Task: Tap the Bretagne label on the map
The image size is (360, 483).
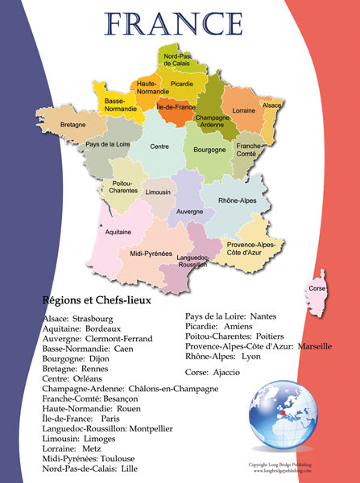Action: coord(72,125)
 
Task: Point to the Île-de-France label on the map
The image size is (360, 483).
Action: coord(175,106)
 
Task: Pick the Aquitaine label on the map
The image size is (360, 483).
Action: coord(118,231)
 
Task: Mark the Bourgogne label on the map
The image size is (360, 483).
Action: coord(209,150)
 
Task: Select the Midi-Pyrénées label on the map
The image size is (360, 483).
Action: coord(151,254)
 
